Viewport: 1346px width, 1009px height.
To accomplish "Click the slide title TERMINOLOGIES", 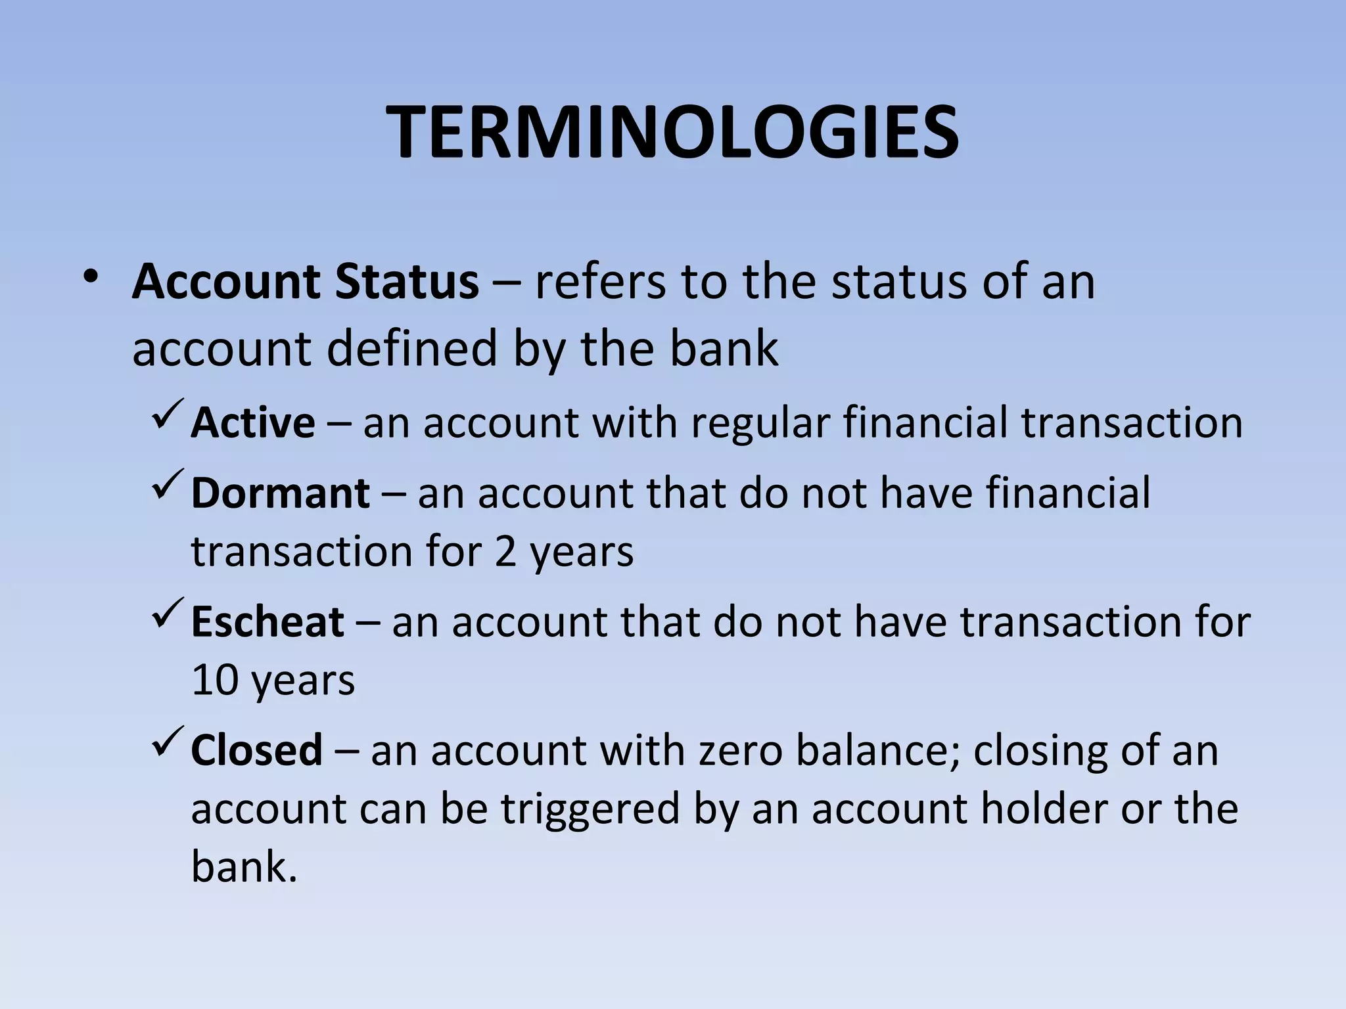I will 672,133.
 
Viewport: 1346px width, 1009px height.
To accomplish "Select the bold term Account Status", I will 306,282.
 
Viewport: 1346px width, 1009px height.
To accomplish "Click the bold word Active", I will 253,422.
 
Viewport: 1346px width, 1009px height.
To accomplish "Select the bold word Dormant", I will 281,493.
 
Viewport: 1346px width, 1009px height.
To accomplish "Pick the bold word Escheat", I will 267,621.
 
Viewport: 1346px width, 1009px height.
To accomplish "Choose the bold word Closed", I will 257,750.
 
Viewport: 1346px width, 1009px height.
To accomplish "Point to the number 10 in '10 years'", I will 215,680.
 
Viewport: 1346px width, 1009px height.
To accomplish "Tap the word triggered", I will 591,809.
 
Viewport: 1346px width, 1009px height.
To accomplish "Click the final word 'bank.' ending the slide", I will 244,866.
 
